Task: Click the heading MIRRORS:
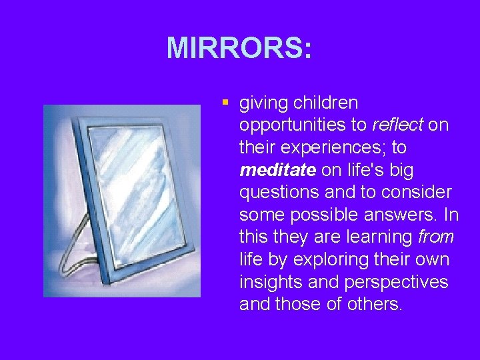point(239,48)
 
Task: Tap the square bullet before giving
point(225,103)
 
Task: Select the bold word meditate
point(277,170)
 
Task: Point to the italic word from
point(436,236)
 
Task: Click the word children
point(326,103)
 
